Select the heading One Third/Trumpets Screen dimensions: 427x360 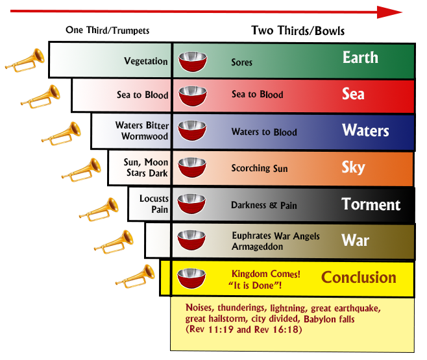tap(108, 30)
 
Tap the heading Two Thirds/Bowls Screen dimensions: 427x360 tap(298, 30)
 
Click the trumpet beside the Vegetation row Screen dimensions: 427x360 tap(25, 60)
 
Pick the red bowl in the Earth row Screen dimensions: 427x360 tap(193, 62)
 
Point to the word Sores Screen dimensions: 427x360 tap(241, 62)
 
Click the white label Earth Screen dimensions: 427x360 tap(360, 58)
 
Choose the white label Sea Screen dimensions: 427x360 tap(353, 94)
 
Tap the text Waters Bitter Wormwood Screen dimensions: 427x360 tap(142, 130)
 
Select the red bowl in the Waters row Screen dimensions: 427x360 tap(192, 130)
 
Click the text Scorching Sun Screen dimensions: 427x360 tap(260, 169)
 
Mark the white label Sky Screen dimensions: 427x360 tap(353, 167)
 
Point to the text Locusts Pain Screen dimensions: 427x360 tap(154, 204)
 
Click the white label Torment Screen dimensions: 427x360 tap(371, 204)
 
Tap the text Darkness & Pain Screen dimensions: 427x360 tap(264, 205)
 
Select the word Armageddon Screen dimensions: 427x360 tap(258, 246)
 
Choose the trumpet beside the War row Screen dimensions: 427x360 tap(114, 242)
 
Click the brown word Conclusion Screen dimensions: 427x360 tap(359, 278)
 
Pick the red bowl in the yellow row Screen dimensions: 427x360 tap(191, 278)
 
